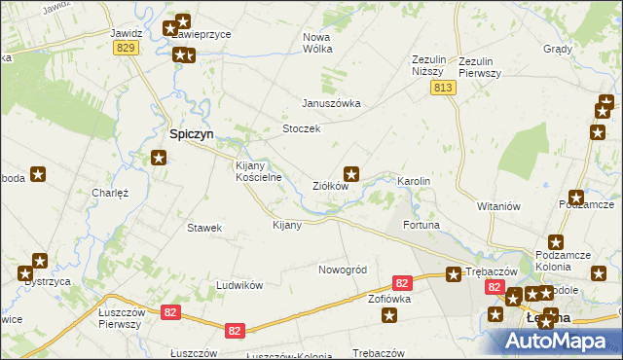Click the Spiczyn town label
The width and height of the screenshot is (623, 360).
click(x=193, y=135)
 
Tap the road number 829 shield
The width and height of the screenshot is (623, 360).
click(x=125, y=48)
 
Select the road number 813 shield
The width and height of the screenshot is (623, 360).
click(x=444, y=89)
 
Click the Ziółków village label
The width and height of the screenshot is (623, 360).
click(x=330, y=186)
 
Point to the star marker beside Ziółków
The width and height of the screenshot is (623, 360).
click(x=353, y=175)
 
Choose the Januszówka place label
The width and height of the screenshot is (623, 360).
click(x=331, y=103)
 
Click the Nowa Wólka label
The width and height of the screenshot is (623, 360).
click(x=318, y=43)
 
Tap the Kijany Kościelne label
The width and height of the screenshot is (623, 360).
click(x=259, y=171)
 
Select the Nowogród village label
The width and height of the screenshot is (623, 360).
click(x=342, y=270)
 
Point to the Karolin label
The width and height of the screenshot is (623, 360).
click(x=414, y=182)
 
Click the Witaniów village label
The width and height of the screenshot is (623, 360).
click(x=500, y=206)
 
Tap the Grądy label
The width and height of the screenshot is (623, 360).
click(x=558, y=47)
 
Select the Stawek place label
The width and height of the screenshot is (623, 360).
click(x=204, y=228)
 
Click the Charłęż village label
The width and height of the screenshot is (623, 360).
click(x=110, y=193)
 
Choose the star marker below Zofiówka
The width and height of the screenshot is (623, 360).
click(x=390, y=315)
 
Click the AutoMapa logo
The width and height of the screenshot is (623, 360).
click(x=558, y=341)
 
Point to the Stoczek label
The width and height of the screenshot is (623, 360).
click(x=301, y=129)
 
